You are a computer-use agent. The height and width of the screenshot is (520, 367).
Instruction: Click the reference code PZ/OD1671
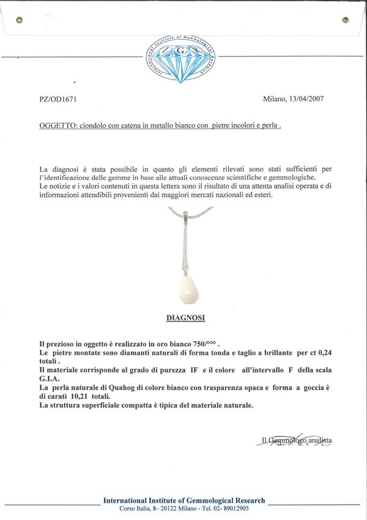click(58, 99)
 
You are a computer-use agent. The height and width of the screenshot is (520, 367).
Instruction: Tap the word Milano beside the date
click(274, 99)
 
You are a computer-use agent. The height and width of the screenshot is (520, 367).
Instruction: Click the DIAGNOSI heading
click(185, 318)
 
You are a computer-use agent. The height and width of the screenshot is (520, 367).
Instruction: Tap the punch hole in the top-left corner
click(19, 20)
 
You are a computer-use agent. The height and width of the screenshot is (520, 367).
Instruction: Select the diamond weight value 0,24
click(321, 353)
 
